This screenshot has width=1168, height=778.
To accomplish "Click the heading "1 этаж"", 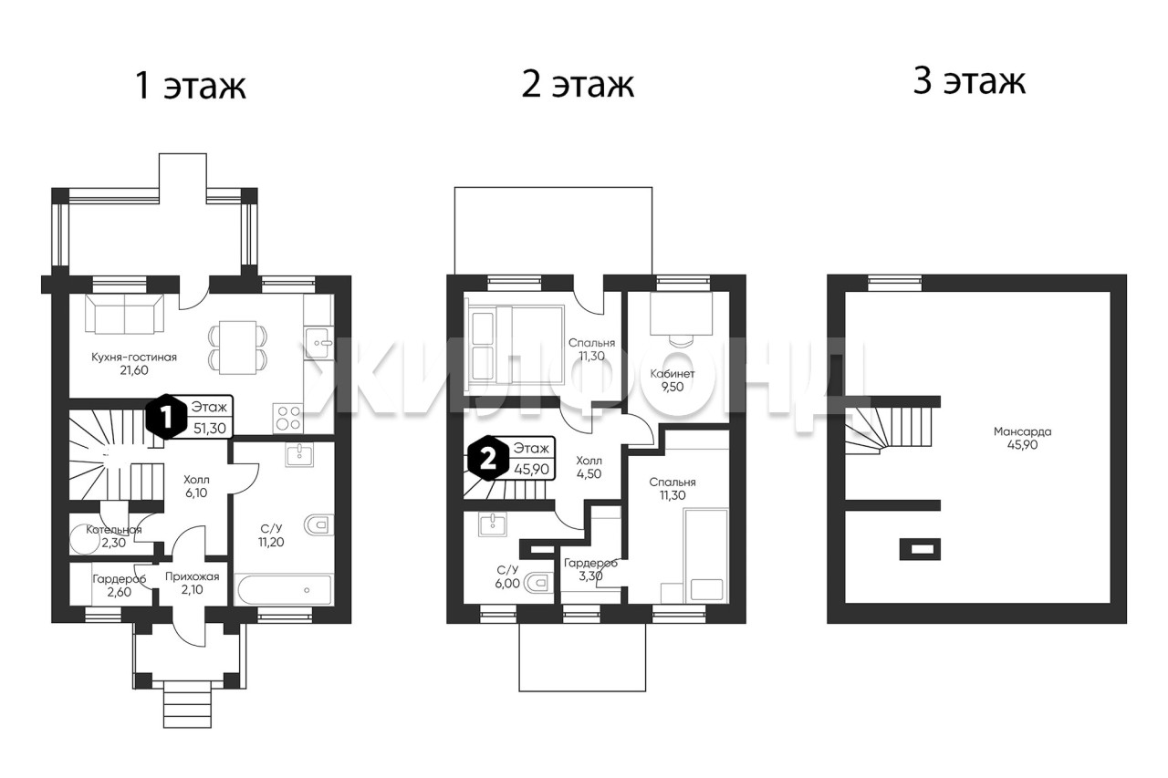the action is point(191,86).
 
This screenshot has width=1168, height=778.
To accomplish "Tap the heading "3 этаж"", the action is point(969,81).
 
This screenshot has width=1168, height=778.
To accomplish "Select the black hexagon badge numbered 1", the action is point(166,416).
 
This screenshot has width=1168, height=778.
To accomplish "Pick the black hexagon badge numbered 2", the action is point(488,458).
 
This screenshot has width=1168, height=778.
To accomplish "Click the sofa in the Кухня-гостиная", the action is point(125,314).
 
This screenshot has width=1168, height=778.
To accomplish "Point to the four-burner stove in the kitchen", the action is point(287,419).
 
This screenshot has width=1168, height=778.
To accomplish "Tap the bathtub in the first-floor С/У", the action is point(284,590).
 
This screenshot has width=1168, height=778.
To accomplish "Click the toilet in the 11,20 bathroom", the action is point(319,525).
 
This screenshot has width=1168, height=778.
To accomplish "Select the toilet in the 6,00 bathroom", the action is point(538,583).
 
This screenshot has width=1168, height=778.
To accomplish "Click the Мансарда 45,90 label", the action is point(1023,438).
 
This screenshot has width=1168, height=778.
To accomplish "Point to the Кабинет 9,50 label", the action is point(673,380).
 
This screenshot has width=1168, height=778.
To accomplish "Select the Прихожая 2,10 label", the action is point(193,583).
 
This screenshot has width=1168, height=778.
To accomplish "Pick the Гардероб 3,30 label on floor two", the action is point(590,569).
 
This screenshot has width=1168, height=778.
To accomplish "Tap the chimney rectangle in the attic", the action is point(920,549).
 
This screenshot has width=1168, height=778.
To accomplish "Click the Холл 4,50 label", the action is point(589,467).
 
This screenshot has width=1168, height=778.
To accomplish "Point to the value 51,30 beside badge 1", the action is point(210,429).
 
